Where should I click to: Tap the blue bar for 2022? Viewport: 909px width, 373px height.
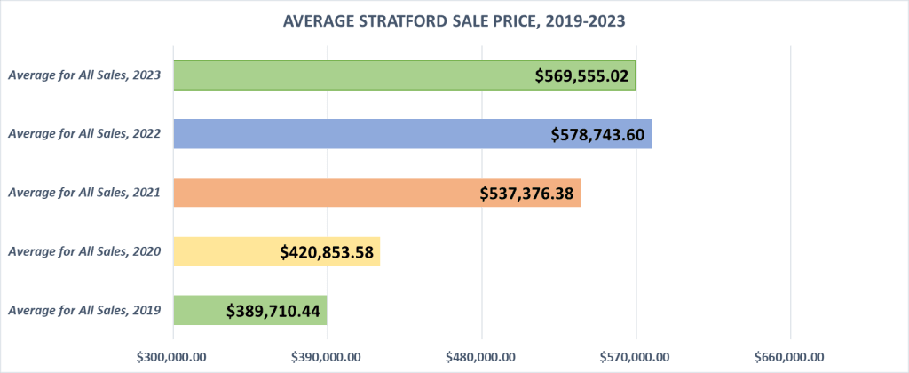355,134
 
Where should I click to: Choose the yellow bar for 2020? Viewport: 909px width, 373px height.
222,251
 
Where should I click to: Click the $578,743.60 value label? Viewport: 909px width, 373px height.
599,135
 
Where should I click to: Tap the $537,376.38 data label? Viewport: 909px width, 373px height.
527,194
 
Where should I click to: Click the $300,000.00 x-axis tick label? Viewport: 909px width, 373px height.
173,356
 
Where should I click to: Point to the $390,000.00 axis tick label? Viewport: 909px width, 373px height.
328,356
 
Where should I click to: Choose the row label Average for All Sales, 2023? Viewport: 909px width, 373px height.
84,75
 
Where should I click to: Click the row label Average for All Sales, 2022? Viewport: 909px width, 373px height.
84,134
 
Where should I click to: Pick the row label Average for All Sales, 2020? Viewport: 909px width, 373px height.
84,251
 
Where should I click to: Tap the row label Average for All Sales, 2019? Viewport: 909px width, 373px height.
84,310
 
